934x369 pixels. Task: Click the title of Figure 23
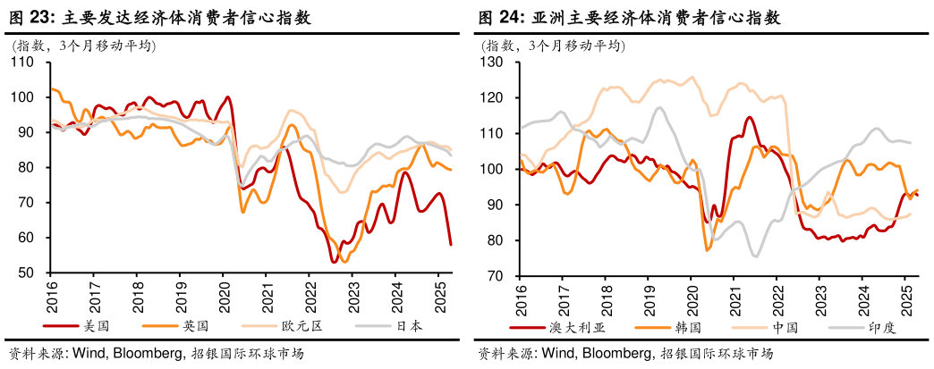160,17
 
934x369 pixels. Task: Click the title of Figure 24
629,17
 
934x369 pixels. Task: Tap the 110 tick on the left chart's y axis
21,62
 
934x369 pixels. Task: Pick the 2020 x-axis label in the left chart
224,296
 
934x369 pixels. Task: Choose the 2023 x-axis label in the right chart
819,296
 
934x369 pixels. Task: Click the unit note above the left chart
81,45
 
